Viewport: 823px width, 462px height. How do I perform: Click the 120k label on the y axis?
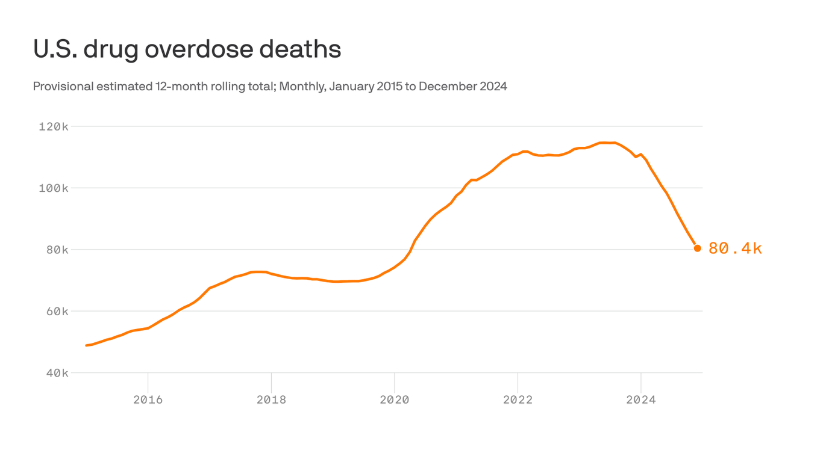point(54,127)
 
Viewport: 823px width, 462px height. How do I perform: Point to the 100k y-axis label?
point(54,188)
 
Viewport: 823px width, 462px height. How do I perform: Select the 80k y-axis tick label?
point(57,250)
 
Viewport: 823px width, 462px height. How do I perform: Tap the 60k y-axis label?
point(57,312)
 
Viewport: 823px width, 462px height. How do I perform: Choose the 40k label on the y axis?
point(57,374)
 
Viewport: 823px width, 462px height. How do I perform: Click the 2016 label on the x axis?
point(148,399)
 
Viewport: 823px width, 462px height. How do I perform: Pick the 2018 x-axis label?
point(271,399)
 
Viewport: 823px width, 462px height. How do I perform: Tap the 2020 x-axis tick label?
point(395,399)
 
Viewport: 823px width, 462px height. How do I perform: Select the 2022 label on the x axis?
point(518,399)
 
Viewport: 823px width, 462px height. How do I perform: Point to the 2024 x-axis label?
point(641,399)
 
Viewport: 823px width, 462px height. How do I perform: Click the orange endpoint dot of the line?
point(698,248)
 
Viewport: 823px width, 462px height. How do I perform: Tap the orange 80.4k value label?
point(735,248)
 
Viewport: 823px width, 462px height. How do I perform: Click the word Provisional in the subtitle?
point(63,87)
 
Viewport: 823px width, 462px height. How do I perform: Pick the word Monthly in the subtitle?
point(302,87)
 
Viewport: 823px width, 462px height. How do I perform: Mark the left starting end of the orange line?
point(87,345)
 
